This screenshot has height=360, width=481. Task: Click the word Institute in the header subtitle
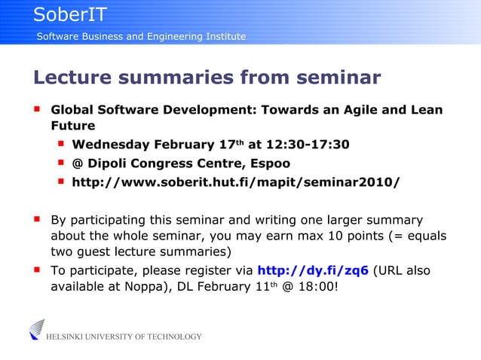pyautogui.click(x=219, y=37)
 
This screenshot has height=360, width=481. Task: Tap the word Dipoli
pyautogui.click(x=112, y=163)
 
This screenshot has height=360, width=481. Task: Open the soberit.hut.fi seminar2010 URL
pyautogui.click(x=235, y=182)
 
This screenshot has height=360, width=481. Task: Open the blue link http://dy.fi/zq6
pyautogui.click(x=313, y=270)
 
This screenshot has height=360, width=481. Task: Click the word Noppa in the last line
pyautogui.click(x=133, y=286)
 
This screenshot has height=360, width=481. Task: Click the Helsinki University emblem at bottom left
pyautogui.click(x=36, y=330)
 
